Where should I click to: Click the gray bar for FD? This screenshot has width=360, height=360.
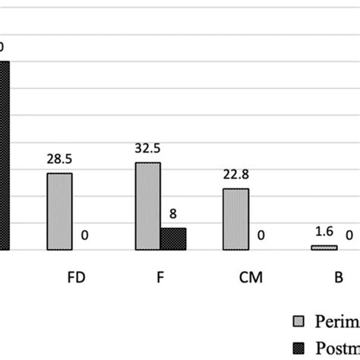pyautogui.click(x=59, y=211)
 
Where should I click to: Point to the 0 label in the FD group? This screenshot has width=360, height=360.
pyautogui.click(x=84, y=236)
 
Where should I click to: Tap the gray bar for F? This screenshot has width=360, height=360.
pyautogui.click(x=148, y=206)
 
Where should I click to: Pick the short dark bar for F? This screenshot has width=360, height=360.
pyautogui.click(x=173, y=238)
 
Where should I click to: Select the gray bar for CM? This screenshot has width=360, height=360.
pyautogui.click(x=235, y=219)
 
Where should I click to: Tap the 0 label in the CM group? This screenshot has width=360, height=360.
pyautogui.click(x=261, y=236)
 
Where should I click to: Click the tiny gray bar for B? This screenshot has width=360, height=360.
pyautogui.click(x=323, y=248)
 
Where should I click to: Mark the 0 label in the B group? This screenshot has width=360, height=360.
pyautogui.click(x=349, y=236)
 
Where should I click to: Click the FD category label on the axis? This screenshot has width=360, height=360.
pyautogui.click(x=75, y=277)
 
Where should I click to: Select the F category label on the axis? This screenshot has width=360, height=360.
pyautogui.click(x=160, y=277)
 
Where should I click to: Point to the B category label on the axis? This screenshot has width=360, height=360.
pyautogui.click(x=338, y=277)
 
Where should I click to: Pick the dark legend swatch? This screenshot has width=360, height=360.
pyautogui.click(x=298, y=346)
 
